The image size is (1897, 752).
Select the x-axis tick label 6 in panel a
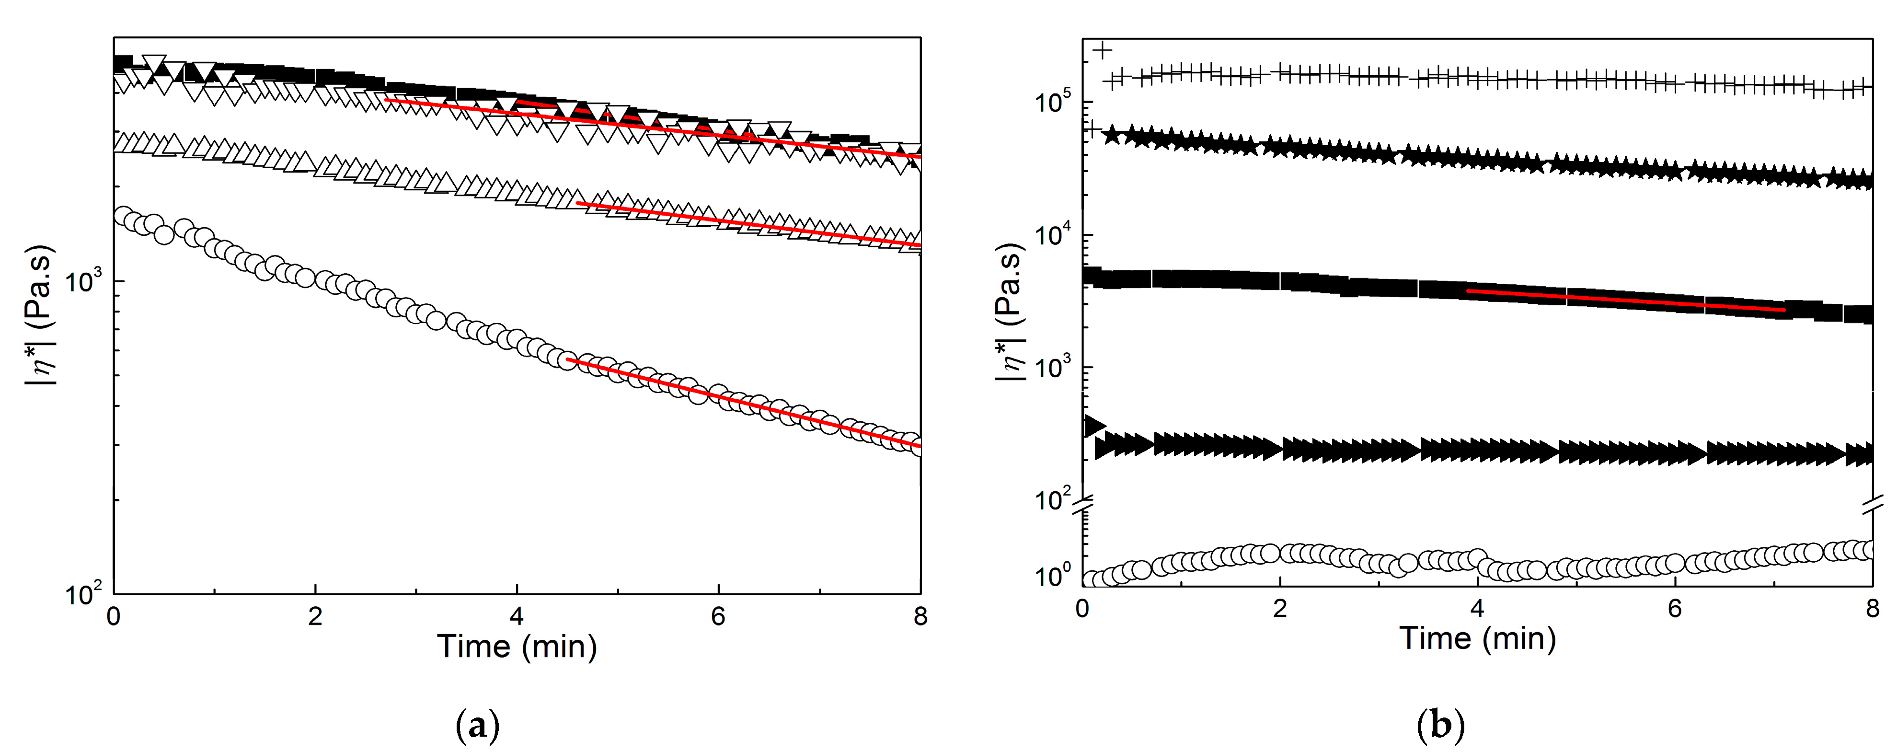click(718, 616)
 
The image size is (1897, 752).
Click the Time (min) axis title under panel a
click(517, 647)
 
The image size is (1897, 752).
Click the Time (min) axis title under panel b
click(1477, 638)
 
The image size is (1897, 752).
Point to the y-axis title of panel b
click(1011, 312)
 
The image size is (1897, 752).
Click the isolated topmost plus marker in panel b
click(1103, 50)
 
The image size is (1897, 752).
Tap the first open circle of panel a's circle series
click(124, 216)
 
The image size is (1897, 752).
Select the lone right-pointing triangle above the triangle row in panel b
click(1095, 425)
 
